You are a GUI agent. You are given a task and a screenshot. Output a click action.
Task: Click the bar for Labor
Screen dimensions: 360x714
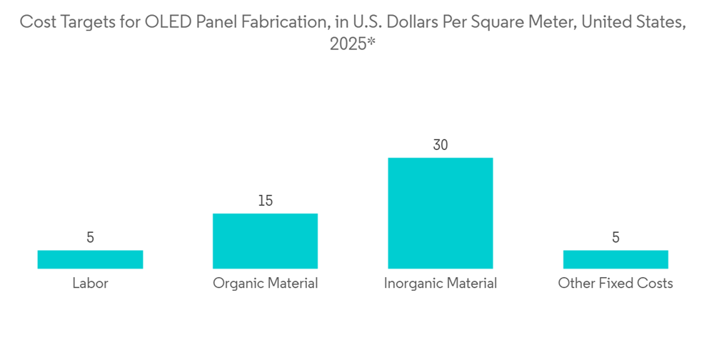tap(90, 259)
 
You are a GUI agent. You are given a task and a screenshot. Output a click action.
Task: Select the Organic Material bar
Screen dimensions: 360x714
tap(265, 241)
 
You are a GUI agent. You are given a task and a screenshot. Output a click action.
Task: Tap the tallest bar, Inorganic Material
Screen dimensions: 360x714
tap(441, 213)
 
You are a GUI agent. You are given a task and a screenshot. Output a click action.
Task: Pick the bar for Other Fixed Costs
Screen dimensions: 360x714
tap(615, 259)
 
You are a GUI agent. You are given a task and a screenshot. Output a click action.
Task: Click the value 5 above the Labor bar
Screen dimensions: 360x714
tap(90, 237)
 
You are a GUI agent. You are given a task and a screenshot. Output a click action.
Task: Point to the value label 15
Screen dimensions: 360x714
tap(265, 201)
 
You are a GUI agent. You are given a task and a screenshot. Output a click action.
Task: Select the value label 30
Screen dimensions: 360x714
tap(441, 145)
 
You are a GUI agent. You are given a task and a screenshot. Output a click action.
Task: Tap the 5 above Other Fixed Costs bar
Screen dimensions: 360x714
tap(615, 237)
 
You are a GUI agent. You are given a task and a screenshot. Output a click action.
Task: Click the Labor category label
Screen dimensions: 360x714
tap(90, 284)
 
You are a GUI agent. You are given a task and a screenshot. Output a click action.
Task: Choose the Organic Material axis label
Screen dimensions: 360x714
tap(265, 284)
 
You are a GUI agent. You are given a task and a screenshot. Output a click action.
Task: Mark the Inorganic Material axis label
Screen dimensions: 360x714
tap(441, 284)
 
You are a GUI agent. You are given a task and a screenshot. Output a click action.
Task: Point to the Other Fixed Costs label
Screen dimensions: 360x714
tap(615, 284)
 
